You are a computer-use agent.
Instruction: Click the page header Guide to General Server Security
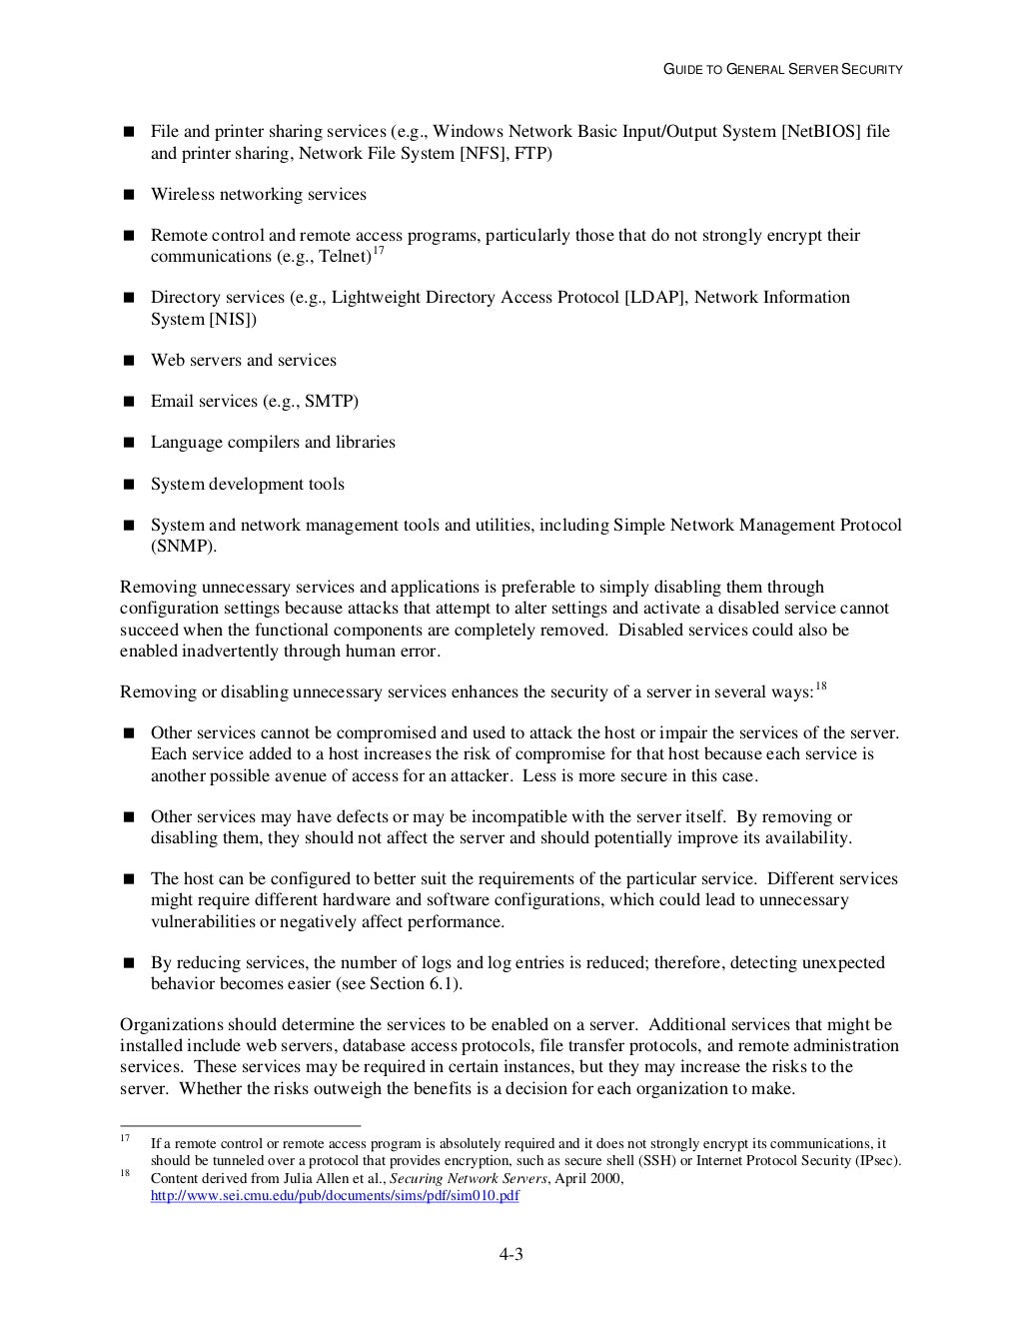tap(784, 69)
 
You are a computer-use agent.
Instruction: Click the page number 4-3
tap(511, 1255)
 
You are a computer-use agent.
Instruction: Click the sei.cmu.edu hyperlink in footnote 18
tap(334, 1196)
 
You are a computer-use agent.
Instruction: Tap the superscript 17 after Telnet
tap(378, 251)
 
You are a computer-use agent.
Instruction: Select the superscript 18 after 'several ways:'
tap(820, 685)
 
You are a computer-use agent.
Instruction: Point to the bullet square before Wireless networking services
tap(128, 195)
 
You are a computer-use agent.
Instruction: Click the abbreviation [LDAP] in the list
tap(655, 298)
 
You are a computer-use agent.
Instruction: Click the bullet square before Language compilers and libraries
tap(128, 443)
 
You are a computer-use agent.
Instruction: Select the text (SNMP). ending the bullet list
tap(184, 547)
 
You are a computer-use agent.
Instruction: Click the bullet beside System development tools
tap(128, 485)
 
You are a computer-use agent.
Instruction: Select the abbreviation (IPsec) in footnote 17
tap(876, 1161)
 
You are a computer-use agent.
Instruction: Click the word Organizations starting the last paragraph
tap(171, 1025)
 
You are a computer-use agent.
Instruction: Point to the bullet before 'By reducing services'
tap(128, 963)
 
